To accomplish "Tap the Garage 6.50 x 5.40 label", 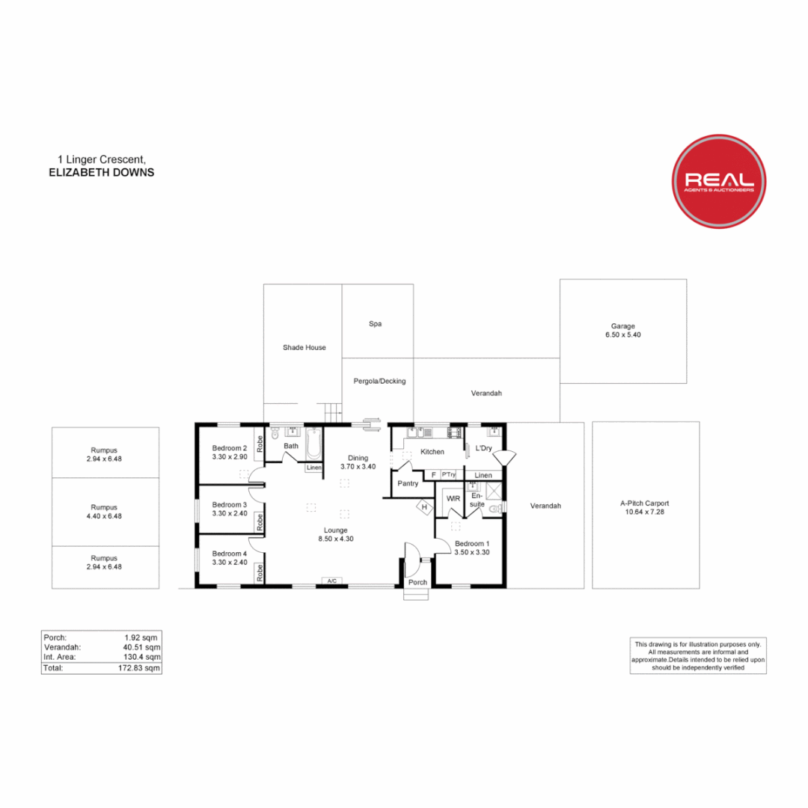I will point(623,331).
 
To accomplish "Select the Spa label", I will point(376,324).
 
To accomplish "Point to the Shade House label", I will point(304,347).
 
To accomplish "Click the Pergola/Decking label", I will point(379,381).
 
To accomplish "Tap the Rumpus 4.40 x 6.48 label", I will point(105,511).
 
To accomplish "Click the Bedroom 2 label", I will point(229,452).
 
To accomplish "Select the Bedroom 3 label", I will point(229,509).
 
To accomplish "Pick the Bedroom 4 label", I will point(229,557).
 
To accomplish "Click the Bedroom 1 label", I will point(472,548).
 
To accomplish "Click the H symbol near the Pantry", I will point(424,507).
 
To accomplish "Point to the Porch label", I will point(417,582).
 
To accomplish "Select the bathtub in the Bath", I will point(313,444).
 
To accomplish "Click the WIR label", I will point(453,498).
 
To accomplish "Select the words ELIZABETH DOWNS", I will point(100,171).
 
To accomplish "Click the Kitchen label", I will point(432,452).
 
